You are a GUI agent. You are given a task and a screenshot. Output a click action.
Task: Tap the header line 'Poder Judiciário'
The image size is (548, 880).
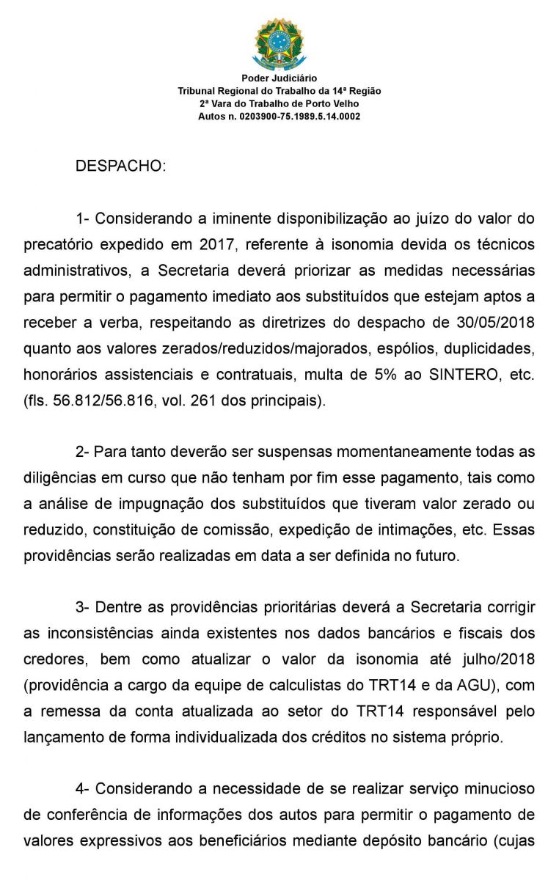coord(279,78)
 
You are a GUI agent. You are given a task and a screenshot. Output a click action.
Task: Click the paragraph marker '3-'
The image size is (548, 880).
coord(83,607)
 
